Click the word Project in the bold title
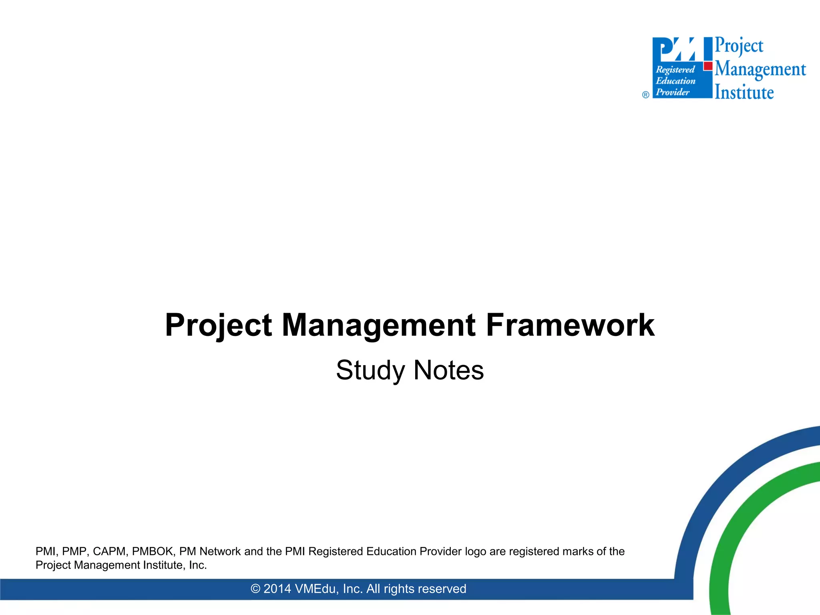click(x=219, y=325)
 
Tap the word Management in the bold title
click(x=378, y=325)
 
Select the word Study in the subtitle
click(x=370, y=370)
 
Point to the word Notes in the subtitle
click(x=448, y=370)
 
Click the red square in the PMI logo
click(x=708, y=66)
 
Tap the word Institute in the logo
click(x=744, y=92)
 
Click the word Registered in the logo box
click(x=675, y=70)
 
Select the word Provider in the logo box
click(x=673, y=92)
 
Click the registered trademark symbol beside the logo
click(x=645, y=95)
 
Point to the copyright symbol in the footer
click(x=255, y=589)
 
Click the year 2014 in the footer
click(x=277, y=589)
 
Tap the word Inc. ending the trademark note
click(x=198, y=565)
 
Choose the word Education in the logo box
click(x=675, y=81)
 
